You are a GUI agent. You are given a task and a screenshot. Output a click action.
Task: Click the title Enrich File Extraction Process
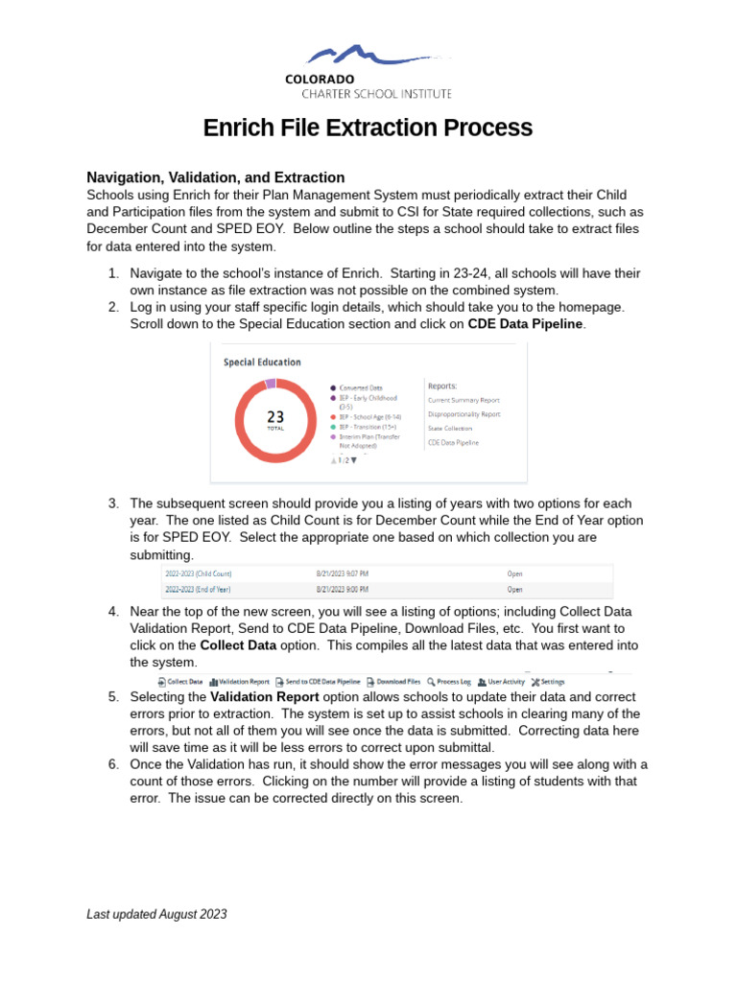point(368,128)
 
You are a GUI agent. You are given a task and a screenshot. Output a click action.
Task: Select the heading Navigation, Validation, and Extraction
point(216,177)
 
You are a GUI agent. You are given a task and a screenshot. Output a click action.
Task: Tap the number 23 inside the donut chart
point(275,417)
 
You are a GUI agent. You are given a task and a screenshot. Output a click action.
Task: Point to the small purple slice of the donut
point(271,384)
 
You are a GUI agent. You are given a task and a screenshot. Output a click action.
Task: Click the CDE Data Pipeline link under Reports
point(454,442)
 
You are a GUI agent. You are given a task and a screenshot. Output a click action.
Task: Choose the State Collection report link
point(450,428)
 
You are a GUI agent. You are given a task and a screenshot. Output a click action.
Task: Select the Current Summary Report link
point(464,400)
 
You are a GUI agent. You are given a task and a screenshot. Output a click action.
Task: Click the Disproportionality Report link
point(464,414)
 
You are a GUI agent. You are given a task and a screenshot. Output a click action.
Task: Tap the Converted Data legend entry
point(362,387)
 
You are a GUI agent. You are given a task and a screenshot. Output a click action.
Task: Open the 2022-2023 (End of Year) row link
point(198,589)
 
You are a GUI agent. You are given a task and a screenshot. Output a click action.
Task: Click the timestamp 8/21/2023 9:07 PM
point(343,574)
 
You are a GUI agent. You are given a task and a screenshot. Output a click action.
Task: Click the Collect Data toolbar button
point(180,682)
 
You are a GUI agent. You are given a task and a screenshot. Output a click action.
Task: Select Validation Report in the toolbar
point(240,682)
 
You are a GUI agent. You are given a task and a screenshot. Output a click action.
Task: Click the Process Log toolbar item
point(450,682)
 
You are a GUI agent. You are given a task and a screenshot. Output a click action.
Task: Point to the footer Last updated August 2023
point(157,915)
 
